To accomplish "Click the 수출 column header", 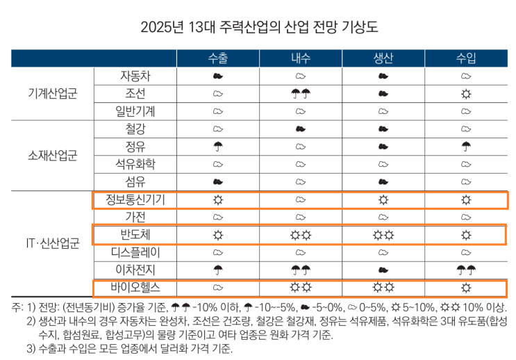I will pos(218,58).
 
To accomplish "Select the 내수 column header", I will pos(301,58).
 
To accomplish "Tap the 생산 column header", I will pos(383,58).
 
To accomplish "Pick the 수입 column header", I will pos(466,58).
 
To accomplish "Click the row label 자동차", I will pos(135,76).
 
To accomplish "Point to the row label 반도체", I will pos(135,234).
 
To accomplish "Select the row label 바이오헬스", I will pos(135,287).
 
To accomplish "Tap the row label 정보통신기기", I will pos(135,199).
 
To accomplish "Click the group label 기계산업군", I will pos(53,93).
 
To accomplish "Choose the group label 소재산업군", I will pos(53,155).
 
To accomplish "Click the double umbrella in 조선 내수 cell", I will pos(301,94).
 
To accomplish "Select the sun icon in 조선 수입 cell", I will pos(466,94).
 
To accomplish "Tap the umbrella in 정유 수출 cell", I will pos(218,147).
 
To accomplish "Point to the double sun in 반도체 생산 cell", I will pos(383,235).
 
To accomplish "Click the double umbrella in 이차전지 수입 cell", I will pos(466,270).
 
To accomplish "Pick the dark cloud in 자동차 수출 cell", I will pos(218,76).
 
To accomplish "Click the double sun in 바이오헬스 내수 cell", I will pos(301,287).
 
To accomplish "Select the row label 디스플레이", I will pos(135,252).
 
